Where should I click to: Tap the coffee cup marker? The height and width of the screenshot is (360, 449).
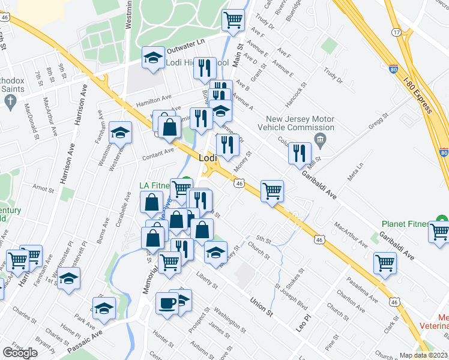tap(166, 302)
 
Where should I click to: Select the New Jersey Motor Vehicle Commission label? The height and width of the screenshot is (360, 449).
tap(295, 123)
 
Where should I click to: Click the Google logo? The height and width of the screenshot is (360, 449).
tap(20, 353)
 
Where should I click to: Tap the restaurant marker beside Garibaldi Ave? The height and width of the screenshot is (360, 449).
tap(300, 152)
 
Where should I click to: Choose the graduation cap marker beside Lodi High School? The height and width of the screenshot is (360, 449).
tap(153, 58)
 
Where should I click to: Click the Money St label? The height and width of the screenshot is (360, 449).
tap(246, 161)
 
